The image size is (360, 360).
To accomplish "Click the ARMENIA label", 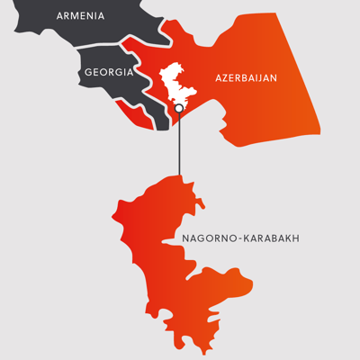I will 80,15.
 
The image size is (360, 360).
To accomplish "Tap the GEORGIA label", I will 108,71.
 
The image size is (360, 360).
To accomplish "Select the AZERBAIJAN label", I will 246,79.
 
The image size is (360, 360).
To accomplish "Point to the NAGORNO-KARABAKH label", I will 239,238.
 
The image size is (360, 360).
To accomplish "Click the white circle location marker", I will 178,109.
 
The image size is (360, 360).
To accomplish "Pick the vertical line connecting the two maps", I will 179,144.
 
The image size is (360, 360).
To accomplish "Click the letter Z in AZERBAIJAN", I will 225,79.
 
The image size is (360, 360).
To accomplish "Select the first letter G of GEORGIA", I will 87,71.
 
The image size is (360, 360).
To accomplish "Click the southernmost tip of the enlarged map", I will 210,349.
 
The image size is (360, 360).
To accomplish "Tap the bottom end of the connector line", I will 179,175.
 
